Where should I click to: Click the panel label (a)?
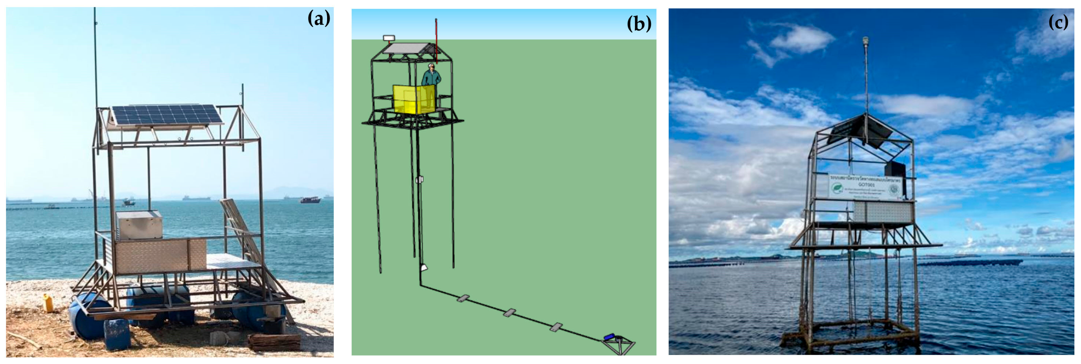point(318,19)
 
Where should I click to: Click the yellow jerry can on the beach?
point(48,303)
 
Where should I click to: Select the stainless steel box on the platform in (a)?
point(139,225)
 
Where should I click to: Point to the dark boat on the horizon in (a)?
point(310,200)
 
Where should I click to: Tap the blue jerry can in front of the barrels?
point(117,334)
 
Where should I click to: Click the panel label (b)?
point(639,24)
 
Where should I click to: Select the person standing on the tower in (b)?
point(431,76)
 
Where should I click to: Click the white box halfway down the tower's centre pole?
point(419,180)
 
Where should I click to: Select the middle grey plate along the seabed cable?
point(509,313)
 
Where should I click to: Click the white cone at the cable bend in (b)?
point(423,267)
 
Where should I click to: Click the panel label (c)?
point(1058,22)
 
